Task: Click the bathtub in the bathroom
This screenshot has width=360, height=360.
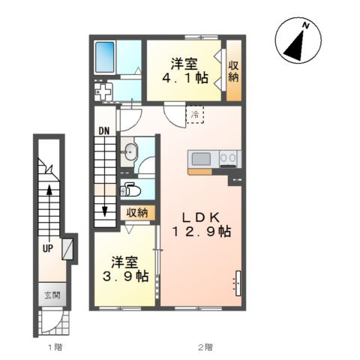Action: pos(105,58)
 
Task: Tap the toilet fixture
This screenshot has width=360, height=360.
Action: pos(130,190)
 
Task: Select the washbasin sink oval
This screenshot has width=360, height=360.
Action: pos(130,151)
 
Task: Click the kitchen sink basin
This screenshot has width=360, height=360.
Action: pos(201,159)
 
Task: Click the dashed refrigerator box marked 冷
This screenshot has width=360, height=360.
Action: pos(195,115)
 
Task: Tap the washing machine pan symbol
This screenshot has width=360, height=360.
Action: pos(103,91)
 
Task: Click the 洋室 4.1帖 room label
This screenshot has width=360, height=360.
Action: pos(184,70)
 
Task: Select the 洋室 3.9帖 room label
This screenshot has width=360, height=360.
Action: pos(126,269)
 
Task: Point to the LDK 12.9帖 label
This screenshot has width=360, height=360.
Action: pos(202,225)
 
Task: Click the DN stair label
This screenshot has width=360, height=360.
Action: pos(104,131)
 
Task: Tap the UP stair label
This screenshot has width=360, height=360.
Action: pos(47,248)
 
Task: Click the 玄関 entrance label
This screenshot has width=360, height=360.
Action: pos(52,295)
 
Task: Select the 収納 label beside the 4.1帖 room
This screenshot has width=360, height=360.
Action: pos(233,72)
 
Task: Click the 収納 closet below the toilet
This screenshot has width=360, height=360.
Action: pos(136,213)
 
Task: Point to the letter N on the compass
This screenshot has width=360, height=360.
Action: pos(305,25)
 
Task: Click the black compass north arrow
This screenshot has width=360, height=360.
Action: pos(295,45)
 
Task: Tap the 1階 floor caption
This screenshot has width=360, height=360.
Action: pos(55,347)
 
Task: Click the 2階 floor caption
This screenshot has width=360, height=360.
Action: pos(205,347)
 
